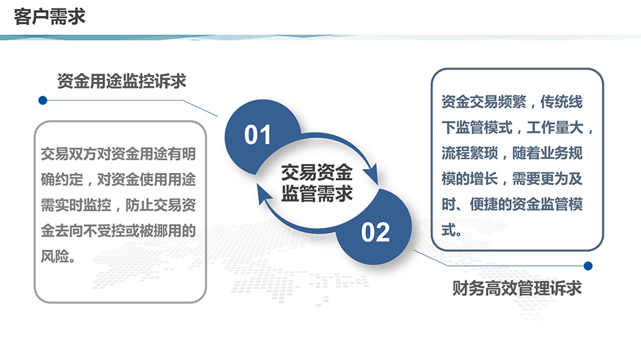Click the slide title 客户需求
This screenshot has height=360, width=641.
pos(49,17)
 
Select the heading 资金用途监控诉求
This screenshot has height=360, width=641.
pos(121,81)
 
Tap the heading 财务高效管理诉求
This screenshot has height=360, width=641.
pos(517,288)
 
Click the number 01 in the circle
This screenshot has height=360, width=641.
pos(258,135)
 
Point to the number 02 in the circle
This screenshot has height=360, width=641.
pos(375,233)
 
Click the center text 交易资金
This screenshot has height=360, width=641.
pos(317,172)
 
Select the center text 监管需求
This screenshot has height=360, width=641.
pos(317,193)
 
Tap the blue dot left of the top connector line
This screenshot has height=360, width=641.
pos(42,101)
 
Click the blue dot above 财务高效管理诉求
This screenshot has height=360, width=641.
pos(588,266)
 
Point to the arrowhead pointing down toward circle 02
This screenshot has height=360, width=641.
pos(372,174)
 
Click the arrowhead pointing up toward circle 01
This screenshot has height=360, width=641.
pos(263,193)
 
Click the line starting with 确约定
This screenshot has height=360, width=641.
pos(118,179)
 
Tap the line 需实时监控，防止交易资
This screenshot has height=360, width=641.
pos(118,205)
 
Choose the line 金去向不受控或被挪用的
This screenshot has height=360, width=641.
pos(118,231)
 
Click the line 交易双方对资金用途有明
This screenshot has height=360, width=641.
pos(118,154)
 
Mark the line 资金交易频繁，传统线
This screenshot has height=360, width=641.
pos(512,102)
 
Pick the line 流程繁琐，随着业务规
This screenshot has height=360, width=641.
pos(512,153)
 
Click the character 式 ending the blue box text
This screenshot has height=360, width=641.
pos(449,230)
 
